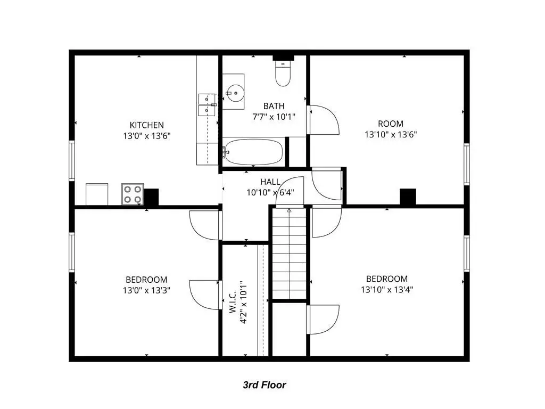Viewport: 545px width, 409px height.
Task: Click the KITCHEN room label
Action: click(146, 125)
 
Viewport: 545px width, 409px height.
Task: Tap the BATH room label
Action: click(274, 106)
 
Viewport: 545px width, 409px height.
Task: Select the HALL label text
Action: click(270, 182)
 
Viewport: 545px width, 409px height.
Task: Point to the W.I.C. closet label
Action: click(233, 302)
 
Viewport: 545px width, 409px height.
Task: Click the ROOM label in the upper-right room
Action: click(391, 124)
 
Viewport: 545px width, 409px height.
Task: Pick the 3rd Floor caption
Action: click(264, 385)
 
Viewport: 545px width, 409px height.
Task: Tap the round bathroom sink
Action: click(235, 93)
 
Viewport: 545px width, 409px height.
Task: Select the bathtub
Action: click(253, 152)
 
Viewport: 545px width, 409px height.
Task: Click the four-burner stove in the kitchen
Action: click(133, 194)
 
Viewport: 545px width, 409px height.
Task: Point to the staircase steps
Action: click(289, 253)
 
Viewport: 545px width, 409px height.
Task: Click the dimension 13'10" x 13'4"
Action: click(387, 289)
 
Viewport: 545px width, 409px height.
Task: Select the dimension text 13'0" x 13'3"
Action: click(146, 290)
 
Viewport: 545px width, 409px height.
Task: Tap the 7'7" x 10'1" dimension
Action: click(274, 117)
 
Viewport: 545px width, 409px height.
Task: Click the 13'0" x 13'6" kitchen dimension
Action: click(146, 136)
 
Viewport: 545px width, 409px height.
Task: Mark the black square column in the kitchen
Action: click(151, 197)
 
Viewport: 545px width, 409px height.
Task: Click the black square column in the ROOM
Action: click(408, 197)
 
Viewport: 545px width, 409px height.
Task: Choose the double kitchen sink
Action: click(207, 105)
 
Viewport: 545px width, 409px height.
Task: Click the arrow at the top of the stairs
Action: click(289, 210)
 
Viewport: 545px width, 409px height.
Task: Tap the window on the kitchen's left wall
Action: click(72, 161)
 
